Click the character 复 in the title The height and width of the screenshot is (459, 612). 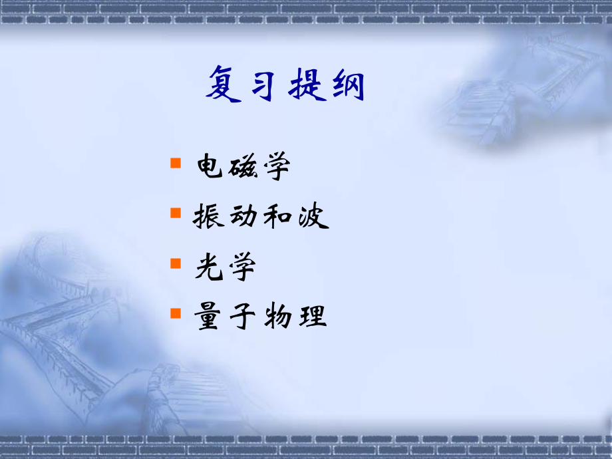(x=224, y=84)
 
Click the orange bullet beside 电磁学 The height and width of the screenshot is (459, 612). (x=176, y=163)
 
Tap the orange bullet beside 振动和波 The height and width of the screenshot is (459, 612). (x=176, y=213)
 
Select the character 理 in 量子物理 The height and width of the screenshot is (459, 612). (x=311, y=317)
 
